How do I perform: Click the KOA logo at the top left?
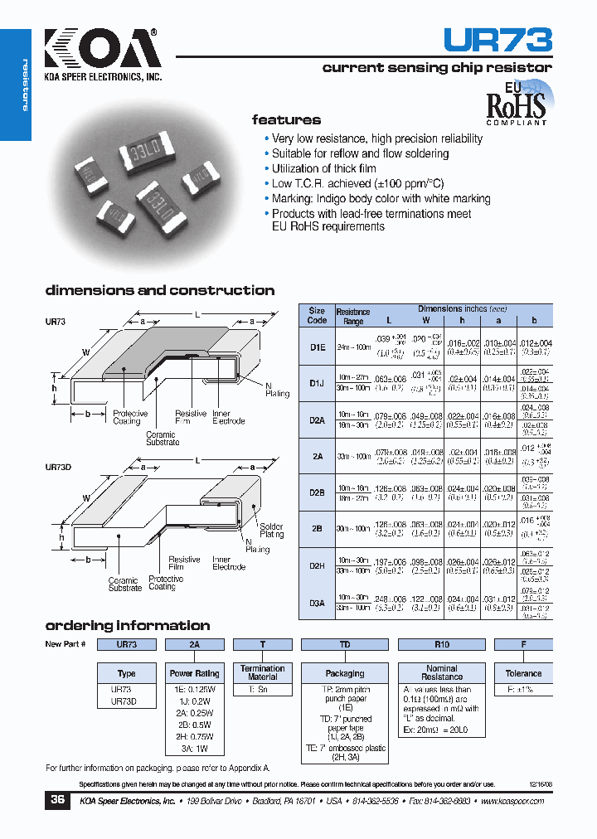click(99, 51)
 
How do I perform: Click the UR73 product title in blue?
click(498, 41)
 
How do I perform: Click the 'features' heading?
click(286, 120)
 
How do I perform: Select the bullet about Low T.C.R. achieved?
click(357, 183)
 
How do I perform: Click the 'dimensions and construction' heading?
click(159, 290)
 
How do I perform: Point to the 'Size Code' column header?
click(317, 315)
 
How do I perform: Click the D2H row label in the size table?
click(317, 565)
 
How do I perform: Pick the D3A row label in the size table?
click(317, 603)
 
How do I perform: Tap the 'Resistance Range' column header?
click(353, 317)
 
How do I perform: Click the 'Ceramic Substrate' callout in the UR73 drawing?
click(162, 439)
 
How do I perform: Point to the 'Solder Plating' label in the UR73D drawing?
click(271, 531)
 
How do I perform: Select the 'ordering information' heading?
click(127, 625)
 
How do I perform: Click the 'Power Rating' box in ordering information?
click(195, 673)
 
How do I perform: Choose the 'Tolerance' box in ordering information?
click(523, 673)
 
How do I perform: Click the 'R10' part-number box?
click(441, 644)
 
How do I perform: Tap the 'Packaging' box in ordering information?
click(345, 673)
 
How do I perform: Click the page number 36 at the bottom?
click(57, 800)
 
